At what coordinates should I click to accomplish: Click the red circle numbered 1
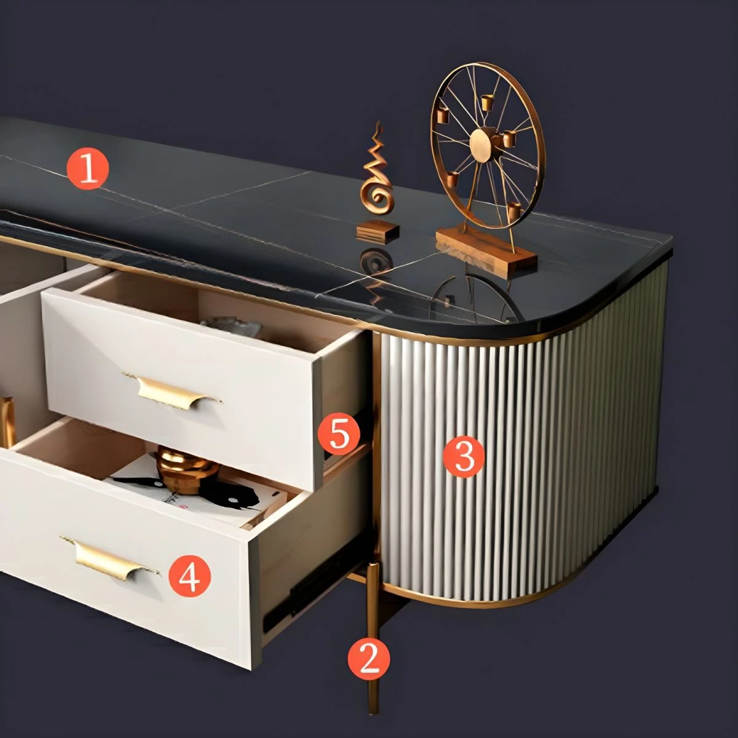88,169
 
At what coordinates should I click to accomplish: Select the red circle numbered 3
464,457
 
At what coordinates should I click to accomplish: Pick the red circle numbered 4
189,576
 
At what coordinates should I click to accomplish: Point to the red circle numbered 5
339,434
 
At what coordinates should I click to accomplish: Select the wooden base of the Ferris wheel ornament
486,250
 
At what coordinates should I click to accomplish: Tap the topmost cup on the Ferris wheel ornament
486,102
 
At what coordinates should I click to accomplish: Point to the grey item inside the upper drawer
232,327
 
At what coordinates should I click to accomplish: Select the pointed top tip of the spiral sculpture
379,122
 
